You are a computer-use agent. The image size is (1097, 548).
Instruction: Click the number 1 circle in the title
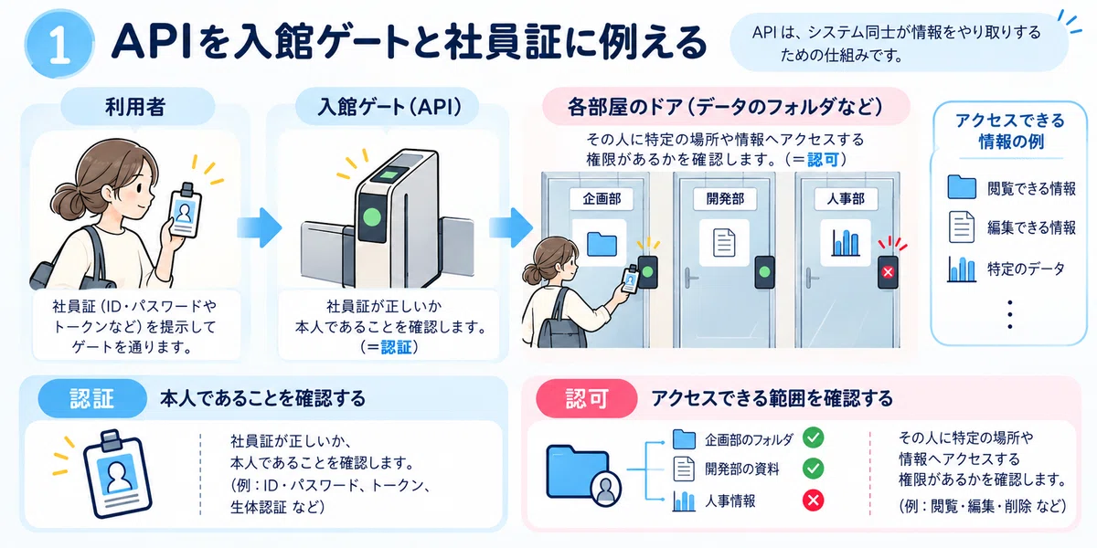tap(59, 44)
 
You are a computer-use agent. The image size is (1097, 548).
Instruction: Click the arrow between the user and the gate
tap(260, 227)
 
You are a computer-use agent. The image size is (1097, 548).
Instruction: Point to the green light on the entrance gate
tap(372, 217)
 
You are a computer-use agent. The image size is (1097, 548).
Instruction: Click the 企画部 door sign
tap(602, 199)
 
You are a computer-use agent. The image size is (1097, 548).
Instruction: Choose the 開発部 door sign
tap(725, 199)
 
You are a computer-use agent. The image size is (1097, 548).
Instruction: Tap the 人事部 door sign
tap(846, 199)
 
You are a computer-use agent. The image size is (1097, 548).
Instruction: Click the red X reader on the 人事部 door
tap(888, 272)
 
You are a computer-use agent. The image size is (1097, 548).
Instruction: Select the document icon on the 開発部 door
tap(724, 243)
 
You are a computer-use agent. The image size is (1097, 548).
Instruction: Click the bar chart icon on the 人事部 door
tap(846, 243)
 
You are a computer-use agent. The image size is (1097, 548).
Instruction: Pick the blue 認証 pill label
tap(92, 398)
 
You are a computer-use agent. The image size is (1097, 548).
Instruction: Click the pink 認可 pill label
tap(587, 398)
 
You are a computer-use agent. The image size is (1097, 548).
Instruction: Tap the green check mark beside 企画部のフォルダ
tap(813, 437)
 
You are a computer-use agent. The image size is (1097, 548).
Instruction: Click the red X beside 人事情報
tap(813, 501)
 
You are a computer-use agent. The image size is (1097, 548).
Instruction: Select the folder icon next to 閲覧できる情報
tap(962, 187)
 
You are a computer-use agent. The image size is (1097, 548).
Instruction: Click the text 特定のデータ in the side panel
tap(1026, 269)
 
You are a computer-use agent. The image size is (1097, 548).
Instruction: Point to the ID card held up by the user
tap(185, 211)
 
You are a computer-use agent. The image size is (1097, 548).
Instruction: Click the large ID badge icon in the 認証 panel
tap(118, 474)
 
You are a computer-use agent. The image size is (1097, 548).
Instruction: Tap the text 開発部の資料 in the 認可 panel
tap(742, 469)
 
